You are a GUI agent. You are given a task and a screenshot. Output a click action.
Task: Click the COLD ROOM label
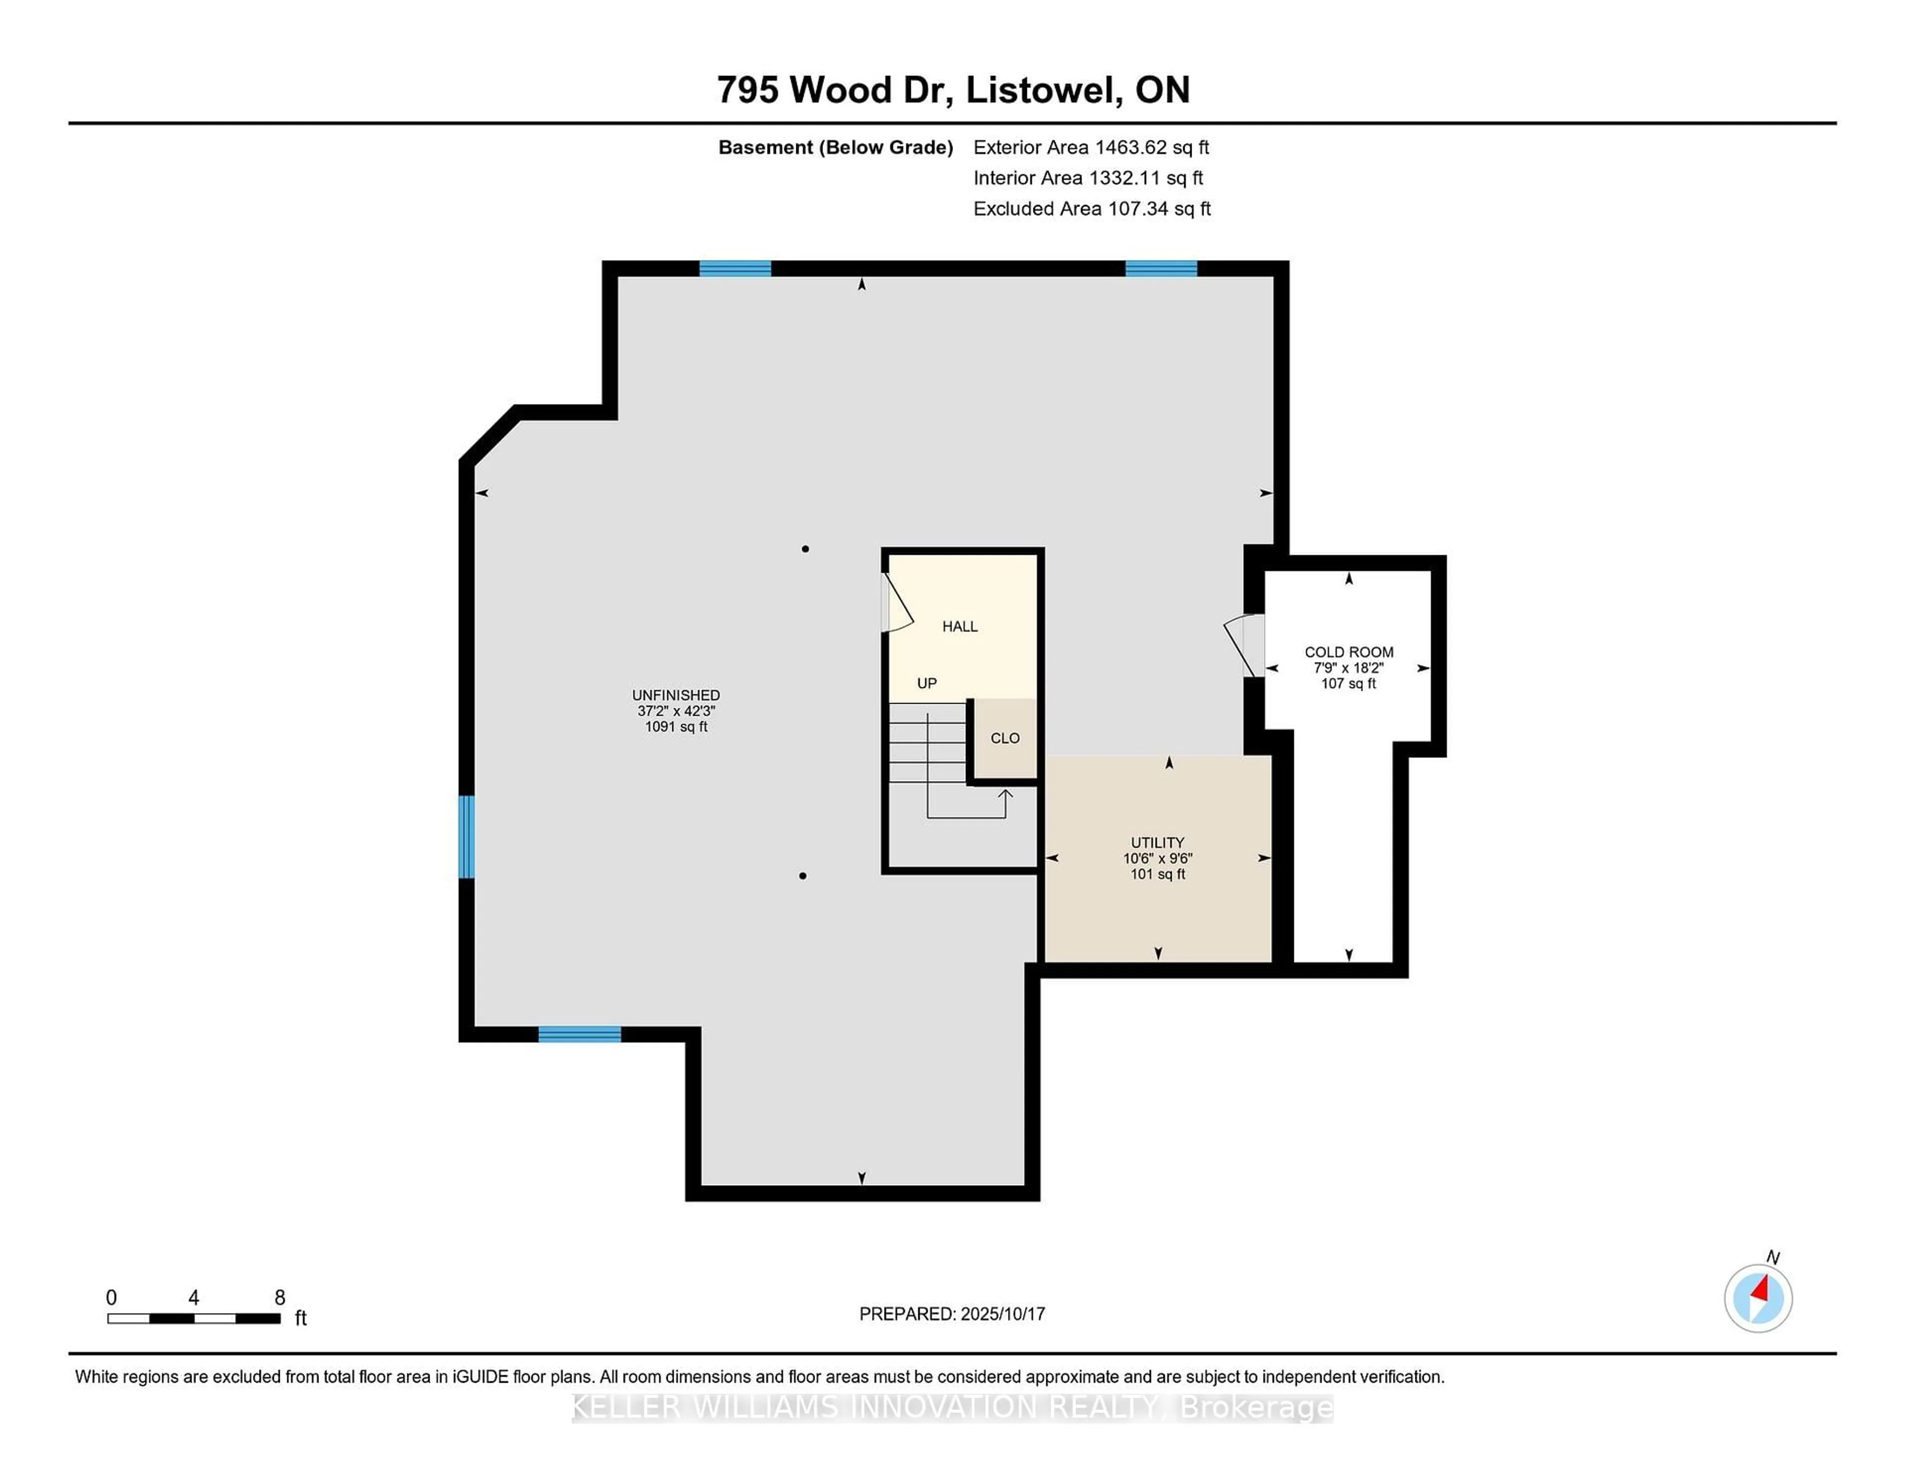(1348, 652)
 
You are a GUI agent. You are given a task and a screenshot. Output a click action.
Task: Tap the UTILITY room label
(1157, 842)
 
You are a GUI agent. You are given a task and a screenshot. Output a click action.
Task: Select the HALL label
(959, 626)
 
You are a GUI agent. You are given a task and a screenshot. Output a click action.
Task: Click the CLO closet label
(1005, 738)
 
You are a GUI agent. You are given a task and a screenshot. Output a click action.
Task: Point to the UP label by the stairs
(926, 683)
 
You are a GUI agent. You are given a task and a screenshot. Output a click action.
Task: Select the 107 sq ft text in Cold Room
(1348, 683)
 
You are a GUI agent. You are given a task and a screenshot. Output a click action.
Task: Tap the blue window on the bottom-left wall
(579, 1035)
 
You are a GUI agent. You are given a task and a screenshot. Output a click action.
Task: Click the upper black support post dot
(805, 549)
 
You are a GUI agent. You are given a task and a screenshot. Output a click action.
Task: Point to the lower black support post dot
(803, 875)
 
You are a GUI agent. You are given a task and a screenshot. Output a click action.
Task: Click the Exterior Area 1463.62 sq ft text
(1091, 147)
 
